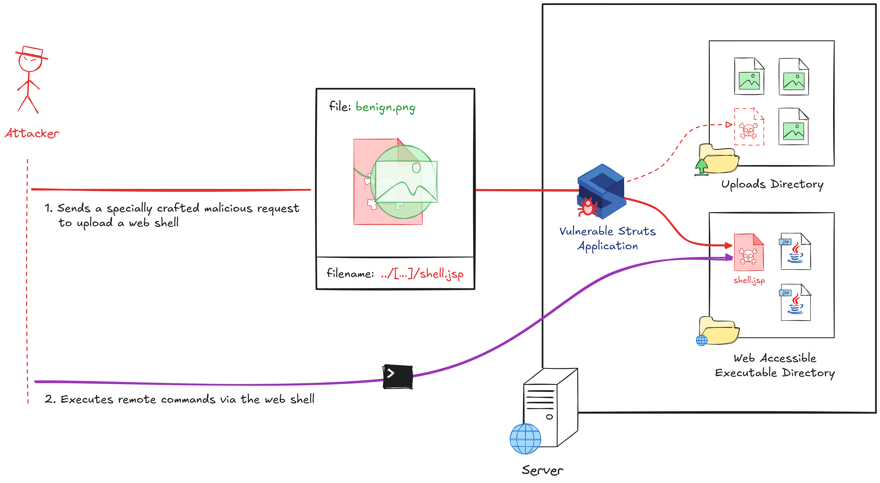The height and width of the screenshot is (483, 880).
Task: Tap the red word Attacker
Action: coord(32,133)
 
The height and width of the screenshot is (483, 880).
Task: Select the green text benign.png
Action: coord(385,107)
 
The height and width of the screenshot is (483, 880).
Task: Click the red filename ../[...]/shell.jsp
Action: coord(422,274)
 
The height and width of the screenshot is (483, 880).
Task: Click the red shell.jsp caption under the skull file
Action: coord(749,280)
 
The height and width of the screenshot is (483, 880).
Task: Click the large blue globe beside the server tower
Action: coord(525,439)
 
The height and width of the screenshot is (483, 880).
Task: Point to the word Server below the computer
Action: coord(542,470)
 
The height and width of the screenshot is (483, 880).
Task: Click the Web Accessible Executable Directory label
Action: coord(775,365)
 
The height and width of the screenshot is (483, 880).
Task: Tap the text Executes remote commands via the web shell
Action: coord(179,399)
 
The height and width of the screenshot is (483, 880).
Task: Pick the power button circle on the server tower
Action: coord(549,417)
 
